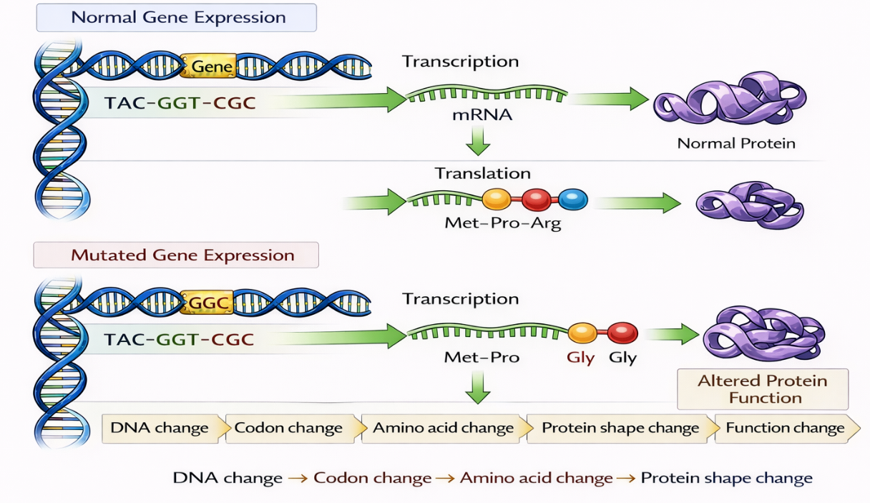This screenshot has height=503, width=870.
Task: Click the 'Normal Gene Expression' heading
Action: (x=177, y=17)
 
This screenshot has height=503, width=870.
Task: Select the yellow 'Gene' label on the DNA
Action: (x=207, y=67)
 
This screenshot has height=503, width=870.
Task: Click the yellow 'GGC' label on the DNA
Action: (x=207, y=303)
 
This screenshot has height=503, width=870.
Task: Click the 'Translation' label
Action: (x=483, y=173)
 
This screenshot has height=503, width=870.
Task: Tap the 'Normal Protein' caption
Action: (x=736, y=143)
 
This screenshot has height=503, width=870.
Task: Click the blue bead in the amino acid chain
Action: (x=572, y=199)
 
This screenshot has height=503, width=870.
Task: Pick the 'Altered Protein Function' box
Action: (x=762, y=389)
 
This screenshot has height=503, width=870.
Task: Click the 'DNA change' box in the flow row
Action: (x=160, y=429)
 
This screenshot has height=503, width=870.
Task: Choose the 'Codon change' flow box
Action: (x=289, y=429)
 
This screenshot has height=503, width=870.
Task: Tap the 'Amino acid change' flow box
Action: (x=444, y=429)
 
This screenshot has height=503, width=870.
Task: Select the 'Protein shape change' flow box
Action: (x=620, y=429)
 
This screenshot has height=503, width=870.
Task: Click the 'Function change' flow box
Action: (x=785, y=429)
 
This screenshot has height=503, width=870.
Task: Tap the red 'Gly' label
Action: (x=580, y=357)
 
